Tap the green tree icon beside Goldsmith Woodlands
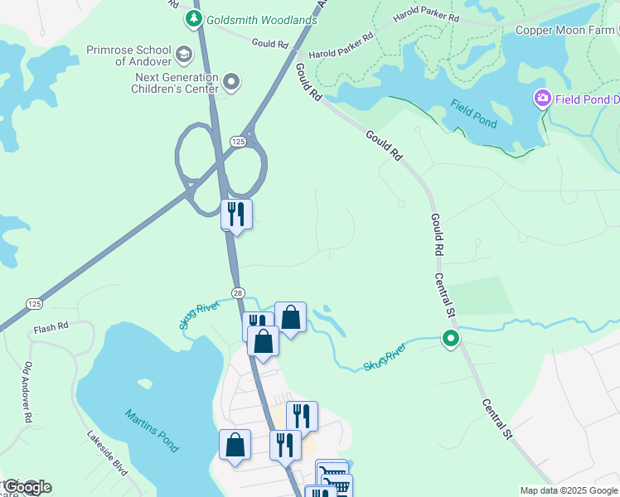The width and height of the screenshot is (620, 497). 194,18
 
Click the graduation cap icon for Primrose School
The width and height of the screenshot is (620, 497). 183,55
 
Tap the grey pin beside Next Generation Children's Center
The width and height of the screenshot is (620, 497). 232,82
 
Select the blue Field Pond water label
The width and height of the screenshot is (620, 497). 474,113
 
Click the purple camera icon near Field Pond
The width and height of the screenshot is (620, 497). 543,99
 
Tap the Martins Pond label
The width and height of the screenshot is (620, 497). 152,430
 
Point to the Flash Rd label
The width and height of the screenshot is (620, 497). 51,329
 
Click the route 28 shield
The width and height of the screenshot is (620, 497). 238,292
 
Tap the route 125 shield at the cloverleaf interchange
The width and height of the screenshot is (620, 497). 239,142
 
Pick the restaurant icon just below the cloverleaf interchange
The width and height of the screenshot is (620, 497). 236,214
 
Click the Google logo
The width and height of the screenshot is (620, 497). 27,487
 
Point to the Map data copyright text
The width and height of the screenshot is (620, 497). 569,490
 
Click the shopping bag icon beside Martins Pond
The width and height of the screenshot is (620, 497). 235,444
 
